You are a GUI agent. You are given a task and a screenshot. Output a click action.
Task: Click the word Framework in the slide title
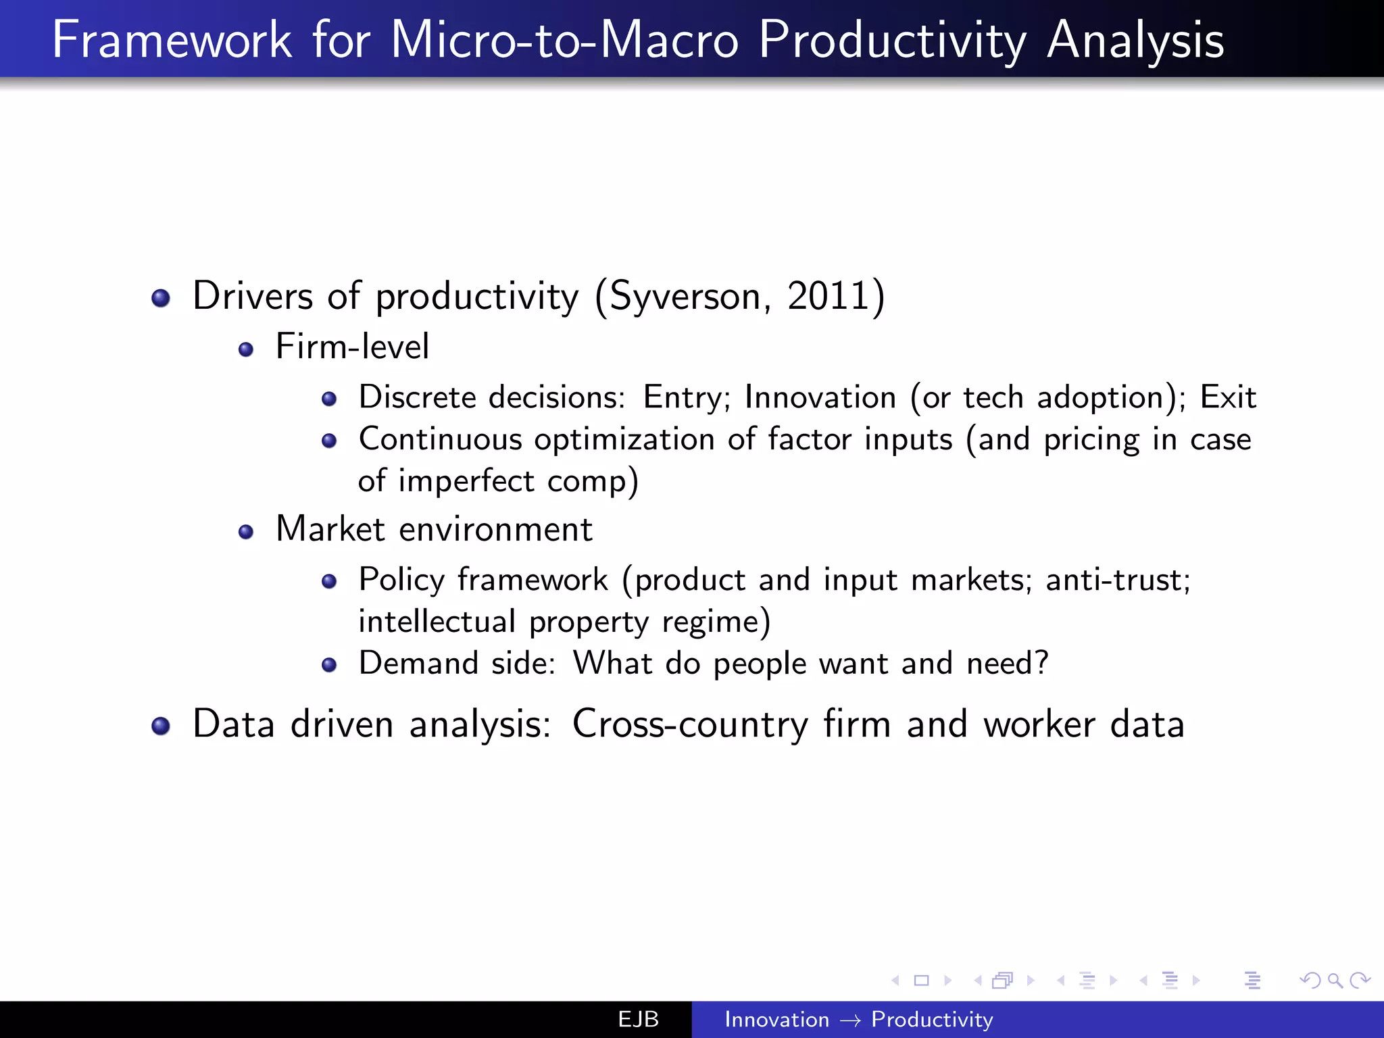(172, 41)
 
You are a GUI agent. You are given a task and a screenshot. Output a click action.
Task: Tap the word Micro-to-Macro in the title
(564, 41)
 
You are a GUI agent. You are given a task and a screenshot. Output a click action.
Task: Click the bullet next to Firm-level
(246, 349)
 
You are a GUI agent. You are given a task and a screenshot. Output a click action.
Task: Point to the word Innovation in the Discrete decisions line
(820, 397)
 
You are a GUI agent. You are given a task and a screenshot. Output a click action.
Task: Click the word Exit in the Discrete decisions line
(1227, 397)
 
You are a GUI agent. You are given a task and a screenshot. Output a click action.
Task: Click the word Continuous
(440, 439)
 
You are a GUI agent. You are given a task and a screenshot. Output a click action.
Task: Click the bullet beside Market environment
(246, 532)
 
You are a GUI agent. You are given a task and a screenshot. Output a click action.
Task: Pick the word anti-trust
(1117, 580)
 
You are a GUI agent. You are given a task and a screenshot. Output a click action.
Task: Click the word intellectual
(437, 622)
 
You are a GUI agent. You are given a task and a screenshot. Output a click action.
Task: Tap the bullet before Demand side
(329, 665)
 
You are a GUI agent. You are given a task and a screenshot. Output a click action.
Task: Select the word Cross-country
(689, 724)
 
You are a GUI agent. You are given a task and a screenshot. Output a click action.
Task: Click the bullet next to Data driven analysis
(161, 726)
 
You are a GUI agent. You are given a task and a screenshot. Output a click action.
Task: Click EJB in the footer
(638, 1019)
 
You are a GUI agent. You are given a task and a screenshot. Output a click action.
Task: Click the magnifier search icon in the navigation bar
(1335, 980)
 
